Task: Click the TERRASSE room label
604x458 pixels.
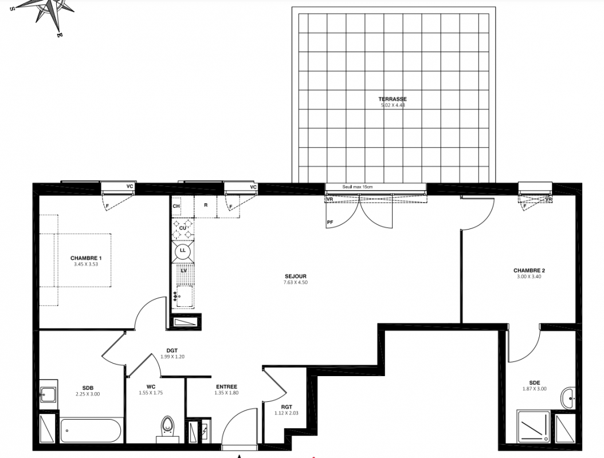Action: click(392, 99)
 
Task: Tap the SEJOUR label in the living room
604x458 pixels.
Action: click(296, 277)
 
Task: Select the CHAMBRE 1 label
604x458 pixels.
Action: click(86, 258)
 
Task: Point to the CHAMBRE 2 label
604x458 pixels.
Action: click(529, 271)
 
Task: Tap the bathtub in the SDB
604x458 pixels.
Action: click(91, 431)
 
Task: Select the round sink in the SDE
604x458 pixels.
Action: click(568, 398)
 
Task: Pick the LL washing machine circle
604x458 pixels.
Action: click(183, 251)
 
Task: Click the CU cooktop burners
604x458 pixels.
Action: click(183, 228)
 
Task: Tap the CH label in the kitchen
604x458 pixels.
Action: click(176, 206)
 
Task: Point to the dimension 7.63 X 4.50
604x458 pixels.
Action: click(296, 282)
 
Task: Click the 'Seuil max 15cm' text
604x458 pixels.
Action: click(358, 187)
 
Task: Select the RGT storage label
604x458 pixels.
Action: click(286, 407)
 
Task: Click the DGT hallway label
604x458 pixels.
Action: click(172, 350)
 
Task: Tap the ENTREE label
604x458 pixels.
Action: click(226, 387)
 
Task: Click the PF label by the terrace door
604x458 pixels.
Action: click(330, 223)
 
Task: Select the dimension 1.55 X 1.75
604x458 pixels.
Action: click(151, 393)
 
